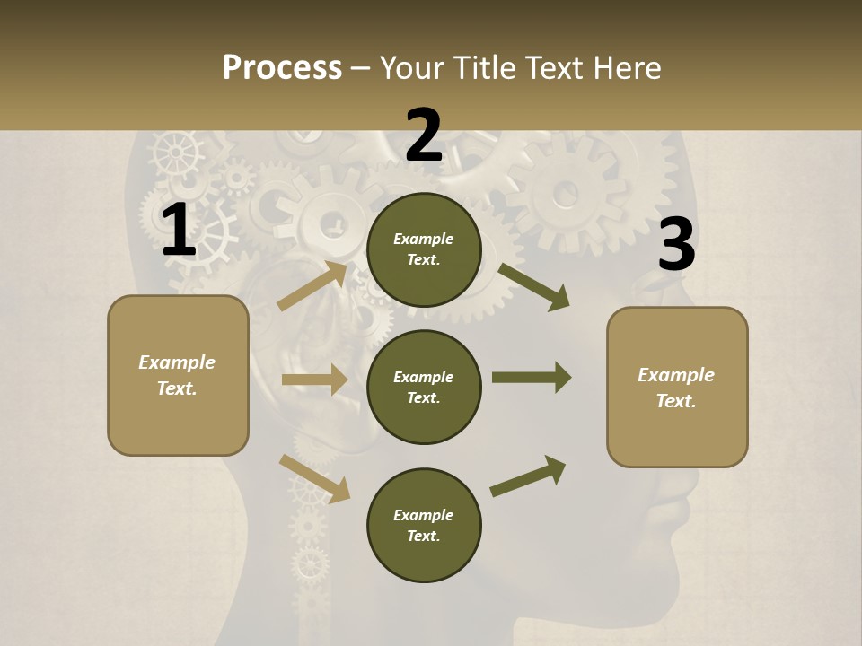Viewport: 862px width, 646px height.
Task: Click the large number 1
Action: [179, 231]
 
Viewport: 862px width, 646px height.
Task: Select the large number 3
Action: [676, 245]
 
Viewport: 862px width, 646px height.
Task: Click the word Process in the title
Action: [282, 67]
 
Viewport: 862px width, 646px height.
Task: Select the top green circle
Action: [424, 249]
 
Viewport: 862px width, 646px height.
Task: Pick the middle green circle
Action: [424, 387]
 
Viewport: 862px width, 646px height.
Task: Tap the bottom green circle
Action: [424, 525]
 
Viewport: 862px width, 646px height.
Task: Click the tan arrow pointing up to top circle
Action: [312, 286]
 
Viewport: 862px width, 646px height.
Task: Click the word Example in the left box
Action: [177, 362]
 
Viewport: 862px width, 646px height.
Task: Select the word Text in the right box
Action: [675, 401]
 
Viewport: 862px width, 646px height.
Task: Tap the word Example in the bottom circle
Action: [423, 515]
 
